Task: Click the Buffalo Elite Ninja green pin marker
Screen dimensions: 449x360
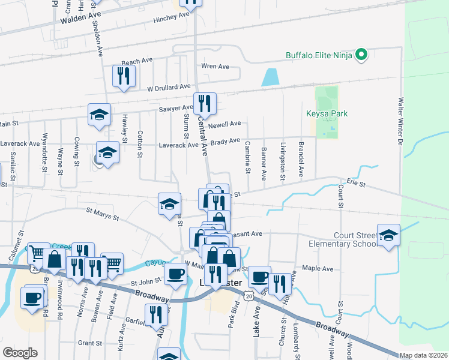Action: coord(361,56)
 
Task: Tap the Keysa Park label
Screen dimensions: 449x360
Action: coord(327,113)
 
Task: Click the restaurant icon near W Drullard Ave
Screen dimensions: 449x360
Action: coord(124,76)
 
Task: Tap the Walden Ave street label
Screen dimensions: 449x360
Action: coord(79,19)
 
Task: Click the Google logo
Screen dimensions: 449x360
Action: coord(20,353)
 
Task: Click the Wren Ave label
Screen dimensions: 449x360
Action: coord(215,66)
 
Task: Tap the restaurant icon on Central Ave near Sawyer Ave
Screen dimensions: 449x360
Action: coord(205,103)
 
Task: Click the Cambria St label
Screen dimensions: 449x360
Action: coord(247,157)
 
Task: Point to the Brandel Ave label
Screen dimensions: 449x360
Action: coord(301,159)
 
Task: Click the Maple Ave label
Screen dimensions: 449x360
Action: coord(318,269)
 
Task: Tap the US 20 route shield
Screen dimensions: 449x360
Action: coord(249,295)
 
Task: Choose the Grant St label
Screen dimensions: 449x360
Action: coord(89,343)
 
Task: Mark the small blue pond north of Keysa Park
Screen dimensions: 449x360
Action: coord(271,77)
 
